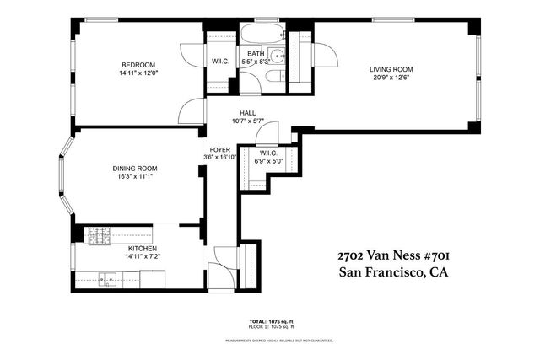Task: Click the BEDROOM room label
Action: coord(138,65)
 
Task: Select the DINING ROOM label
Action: coord(135,169)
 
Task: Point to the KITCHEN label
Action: coord(142,249)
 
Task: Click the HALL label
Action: coord(247,113)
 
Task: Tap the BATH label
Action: coord(256,54)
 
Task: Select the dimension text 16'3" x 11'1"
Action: coord(135,177)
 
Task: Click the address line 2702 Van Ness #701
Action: coord(392,255)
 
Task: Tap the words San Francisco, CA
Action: coord(392,272)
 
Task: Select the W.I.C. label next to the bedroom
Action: coord(220,60)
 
